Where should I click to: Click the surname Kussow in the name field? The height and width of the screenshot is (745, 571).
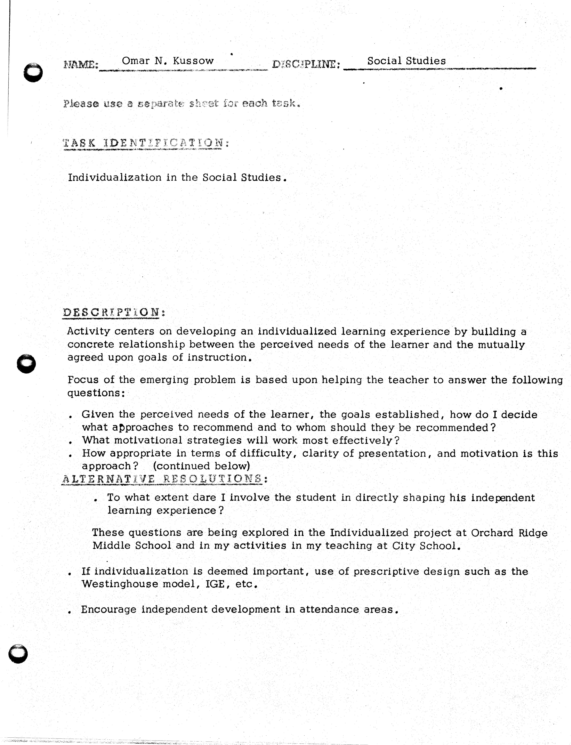[x=193, y=61]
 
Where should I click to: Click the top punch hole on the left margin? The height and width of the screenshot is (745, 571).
[x=33, y=72]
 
